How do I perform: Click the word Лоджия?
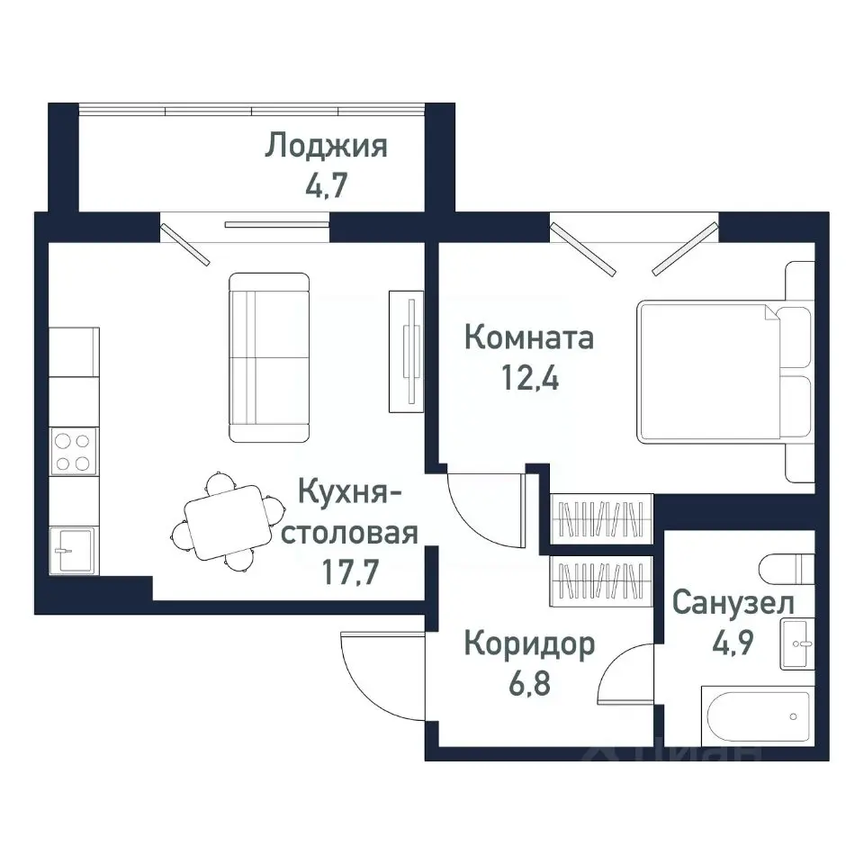326,146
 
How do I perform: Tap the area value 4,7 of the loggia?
326,187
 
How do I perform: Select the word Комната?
528,339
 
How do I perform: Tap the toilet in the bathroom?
787,570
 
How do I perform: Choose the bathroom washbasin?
797,644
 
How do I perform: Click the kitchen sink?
73,549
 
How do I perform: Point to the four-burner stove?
73,452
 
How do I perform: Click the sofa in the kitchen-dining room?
269,358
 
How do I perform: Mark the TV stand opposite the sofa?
405,349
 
